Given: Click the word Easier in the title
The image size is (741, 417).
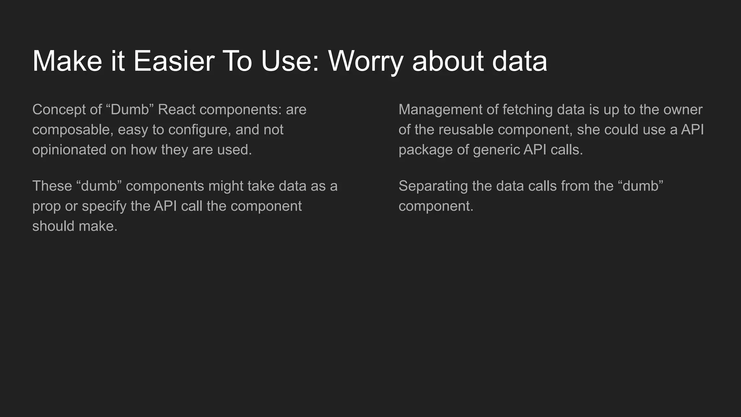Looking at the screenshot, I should (x=174, y=61).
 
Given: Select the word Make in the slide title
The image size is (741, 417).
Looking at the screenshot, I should (x=67, y=61).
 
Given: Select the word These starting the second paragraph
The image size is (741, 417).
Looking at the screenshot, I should (x=52, y=186).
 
